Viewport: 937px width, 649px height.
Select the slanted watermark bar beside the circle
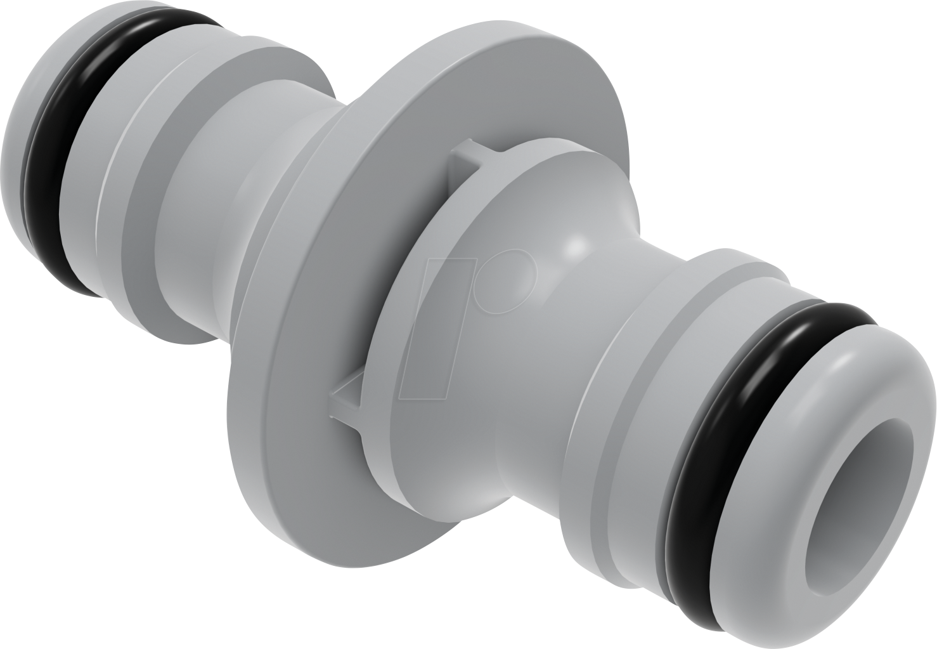(437, 330)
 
